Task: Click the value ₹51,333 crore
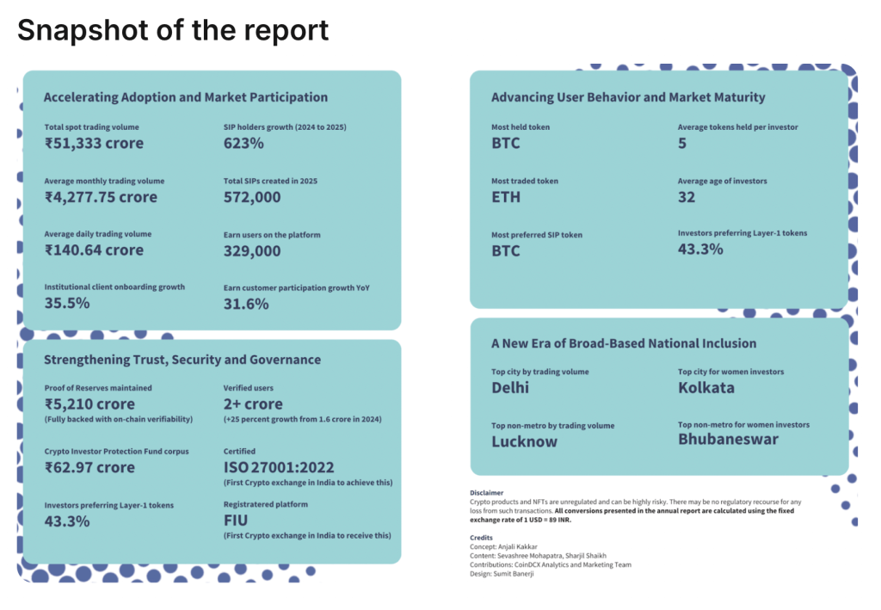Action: click(x=94, y=144)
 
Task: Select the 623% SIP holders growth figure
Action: click(x=243, y=144)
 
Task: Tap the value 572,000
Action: click(x=252, y=197)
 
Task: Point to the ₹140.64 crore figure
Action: click(x=94, y=250)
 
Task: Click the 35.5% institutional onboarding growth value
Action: click(x=67, y=303)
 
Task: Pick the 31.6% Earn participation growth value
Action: click(x=246, y=304)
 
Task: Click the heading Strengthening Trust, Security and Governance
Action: click(x=182, y=360)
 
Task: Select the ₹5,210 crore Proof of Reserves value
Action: click(x=89, y=404)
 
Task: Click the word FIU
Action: click(x=237, y=521)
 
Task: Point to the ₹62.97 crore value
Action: click(x=89, y=467)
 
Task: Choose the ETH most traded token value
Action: click(x=506, y=197)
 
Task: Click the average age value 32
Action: click(x=687, y=197)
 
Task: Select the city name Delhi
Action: click(x=510, y=388)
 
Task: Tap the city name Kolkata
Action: click(x=706, y=388)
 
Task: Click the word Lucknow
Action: click(x=524, y=441)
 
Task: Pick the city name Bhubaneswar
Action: click(x=728, y=440)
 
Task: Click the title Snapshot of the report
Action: click(x=173, y=30)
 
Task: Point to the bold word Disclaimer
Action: click(x=487, y=493)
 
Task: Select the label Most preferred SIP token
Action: click(x=537, y=235)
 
